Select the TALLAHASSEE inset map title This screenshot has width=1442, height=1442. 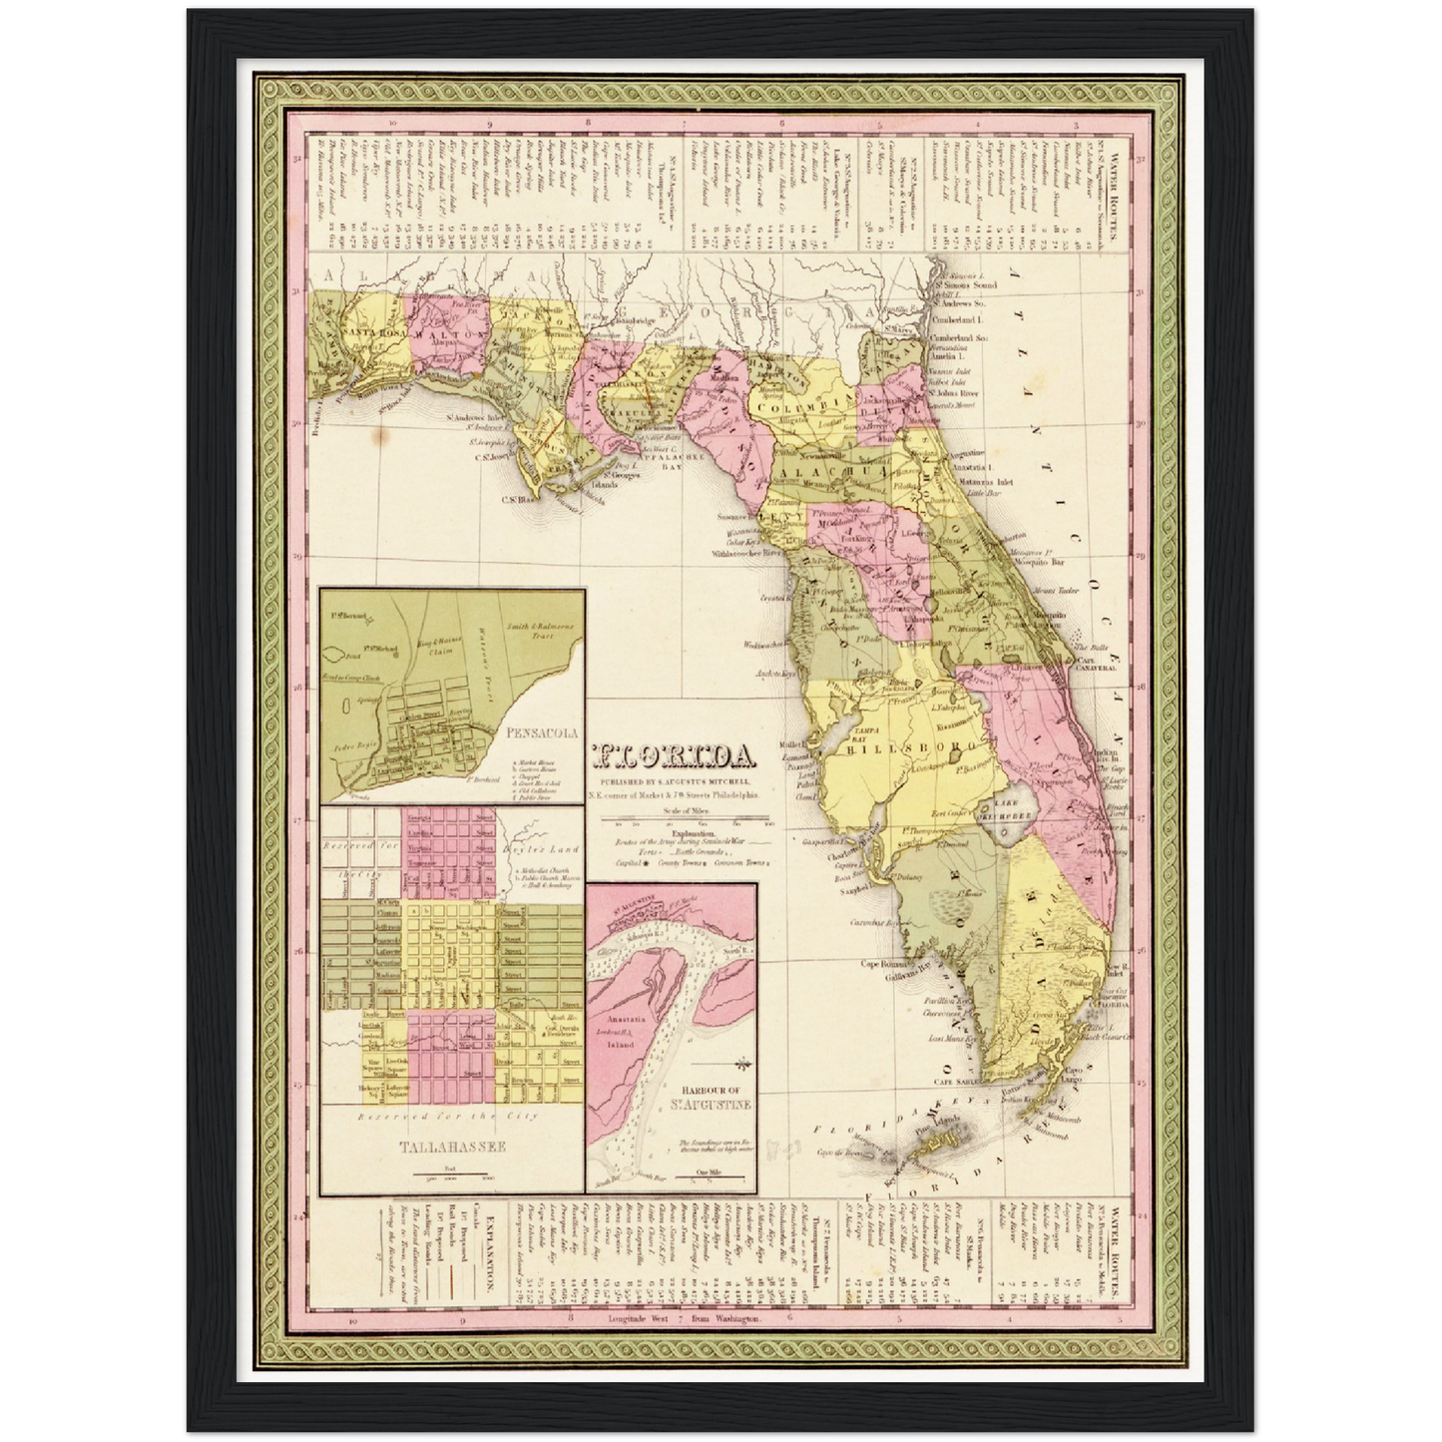(x=452, y=1147)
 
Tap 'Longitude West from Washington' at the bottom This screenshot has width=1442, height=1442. (x=685, y=1318)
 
